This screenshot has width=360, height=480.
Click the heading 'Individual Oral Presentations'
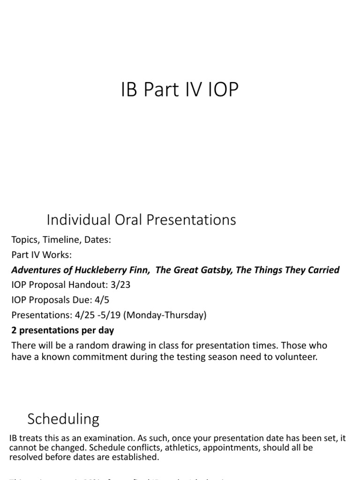coord(141,219)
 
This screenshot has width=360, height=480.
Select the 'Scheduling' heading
coord(63,419)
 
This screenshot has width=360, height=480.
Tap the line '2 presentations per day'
coord(62,330)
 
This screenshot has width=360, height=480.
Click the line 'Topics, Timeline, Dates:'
coord(61,240)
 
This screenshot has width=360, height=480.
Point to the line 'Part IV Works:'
coord(42,255)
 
